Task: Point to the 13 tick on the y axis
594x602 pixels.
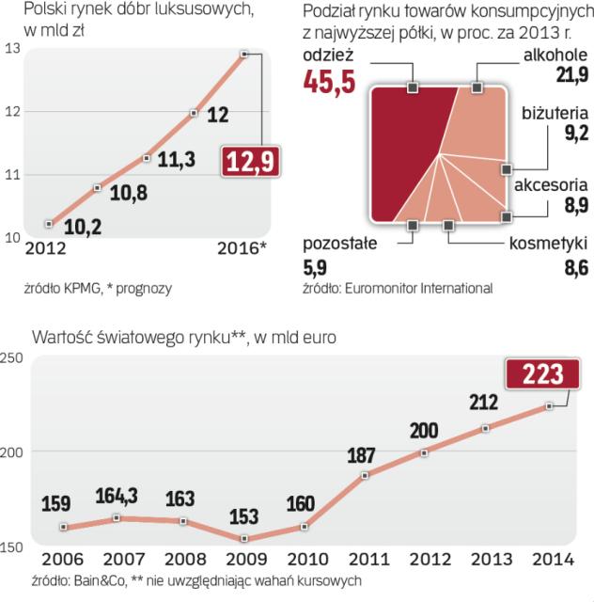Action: (x=11, y=49)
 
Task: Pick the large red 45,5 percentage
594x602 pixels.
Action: (x=329, y=83)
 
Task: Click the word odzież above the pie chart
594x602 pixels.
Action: (x=325, y=55)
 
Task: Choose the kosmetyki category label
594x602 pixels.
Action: (x=549, y=244)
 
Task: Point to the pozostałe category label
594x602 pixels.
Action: (x=339, y=244)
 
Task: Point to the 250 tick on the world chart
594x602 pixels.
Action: (x=11, y=357)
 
